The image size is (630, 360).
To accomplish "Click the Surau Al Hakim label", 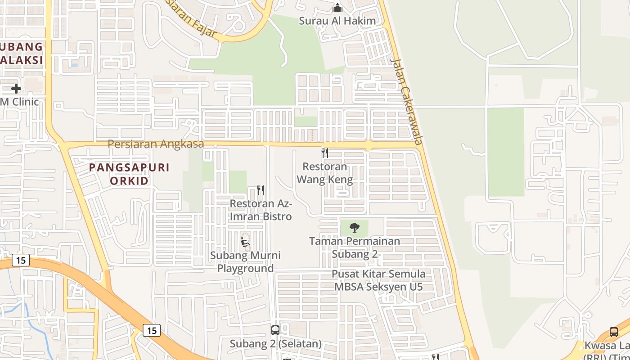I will point(337,21).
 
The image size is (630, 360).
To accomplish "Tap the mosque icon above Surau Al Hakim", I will point(337,8).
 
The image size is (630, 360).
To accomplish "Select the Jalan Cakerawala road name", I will point(407,101).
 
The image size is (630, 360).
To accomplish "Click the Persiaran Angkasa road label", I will point(156,144).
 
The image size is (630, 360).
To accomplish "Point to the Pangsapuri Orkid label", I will point(129,174).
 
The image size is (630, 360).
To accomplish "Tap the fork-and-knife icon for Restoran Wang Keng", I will point(325,153).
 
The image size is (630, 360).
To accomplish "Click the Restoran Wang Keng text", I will point(325,173).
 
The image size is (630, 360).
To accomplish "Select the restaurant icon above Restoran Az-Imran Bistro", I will point(261,190).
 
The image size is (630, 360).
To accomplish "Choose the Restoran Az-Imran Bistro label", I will point(261,210).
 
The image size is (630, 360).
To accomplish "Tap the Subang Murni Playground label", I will point(246,262).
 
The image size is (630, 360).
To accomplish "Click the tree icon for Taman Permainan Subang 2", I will point(355,227).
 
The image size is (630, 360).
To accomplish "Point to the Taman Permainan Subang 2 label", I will point(355,247).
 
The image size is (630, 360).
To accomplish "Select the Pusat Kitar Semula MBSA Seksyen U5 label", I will point(378,280).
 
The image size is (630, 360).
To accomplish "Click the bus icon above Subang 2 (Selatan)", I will point(275,330).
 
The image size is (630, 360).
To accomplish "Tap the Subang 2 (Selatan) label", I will point(276,344).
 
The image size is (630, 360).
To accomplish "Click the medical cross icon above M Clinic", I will point(16,88).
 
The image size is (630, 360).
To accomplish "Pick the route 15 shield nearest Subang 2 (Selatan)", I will point(152,330).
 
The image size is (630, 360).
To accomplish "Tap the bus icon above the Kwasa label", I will point(614,332).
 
